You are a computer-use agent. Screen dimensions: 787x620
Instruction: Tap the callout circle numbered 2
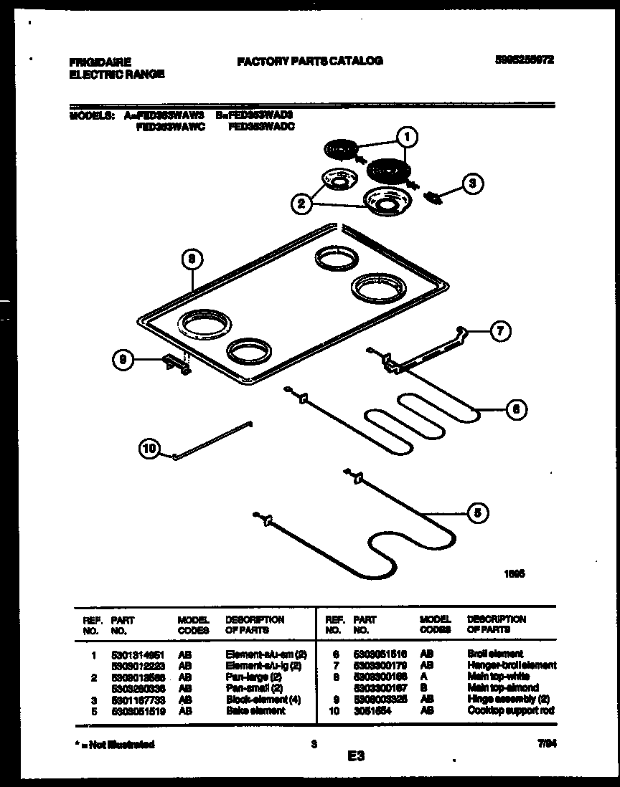click(x=302, y=204)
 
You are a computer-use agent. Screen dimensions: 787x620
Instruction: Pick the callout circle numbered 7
click(x=500, y=331)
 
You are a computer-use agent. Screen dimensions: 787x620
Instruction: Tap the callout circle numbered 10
click(x=149, y=449)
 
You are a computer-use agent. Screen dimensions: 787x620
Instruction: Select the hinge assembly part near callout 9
click(x=177, y=365)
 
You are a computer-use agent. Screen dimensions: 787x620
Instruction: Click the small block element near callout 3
click(x=433, y=196)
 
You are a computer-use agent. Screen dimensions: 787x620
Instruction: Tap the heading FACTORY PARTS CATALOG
click(x=309, y=61)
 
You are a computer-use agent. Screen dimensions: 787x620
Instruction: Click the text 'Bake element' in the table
click(x=255, y=710)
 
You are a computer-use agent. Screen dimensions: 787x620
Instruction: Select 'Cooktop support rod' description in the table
click(x=510, y=710)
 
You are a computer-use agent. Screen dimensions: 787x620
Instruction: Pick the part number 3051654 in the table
click(x=371, y=710)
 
